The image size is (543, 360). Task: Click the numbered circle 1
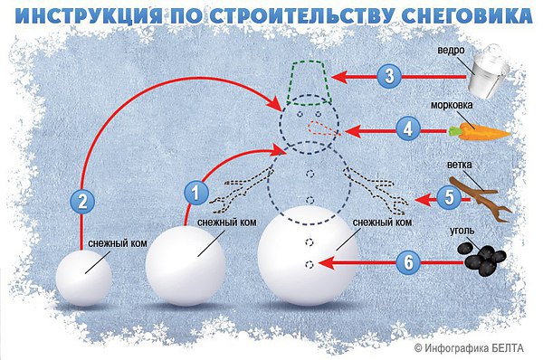click(194, 192)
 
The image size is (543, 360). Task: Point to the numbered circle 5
click(449, 196)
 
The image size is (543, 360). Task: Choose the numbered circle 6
click(409, 263)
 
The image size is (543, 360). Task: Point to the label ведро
click(452, 51)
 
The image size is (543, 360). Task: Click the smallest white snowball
click(85, 277)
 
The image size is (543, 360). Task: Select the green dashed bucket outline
click(304, 79)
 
